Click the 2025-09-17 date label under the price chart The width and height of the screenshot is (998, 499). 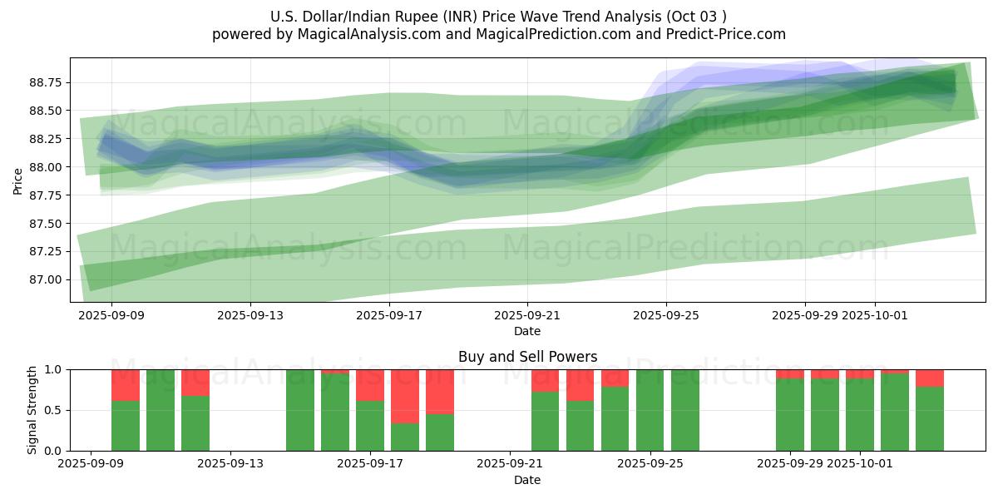388,315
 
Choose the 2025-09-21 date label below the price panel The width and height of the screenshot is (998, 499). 526,315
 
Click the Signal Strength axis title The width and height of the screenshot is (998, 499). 32,410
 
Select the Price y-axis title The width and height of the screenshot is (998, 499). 18,180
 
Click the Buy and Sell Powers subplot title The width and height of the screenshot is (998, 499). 527,357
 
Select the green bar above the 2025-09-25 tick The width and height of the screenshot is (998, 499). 650,410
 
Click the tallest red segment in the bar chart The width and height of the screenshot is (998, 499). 405,396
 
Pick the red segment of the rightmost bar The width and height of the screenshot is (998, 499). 930,378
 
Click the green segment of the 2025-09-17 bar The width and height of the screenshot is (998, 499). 370,426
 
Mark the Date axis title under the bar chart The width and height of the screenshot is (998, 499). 527,480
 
